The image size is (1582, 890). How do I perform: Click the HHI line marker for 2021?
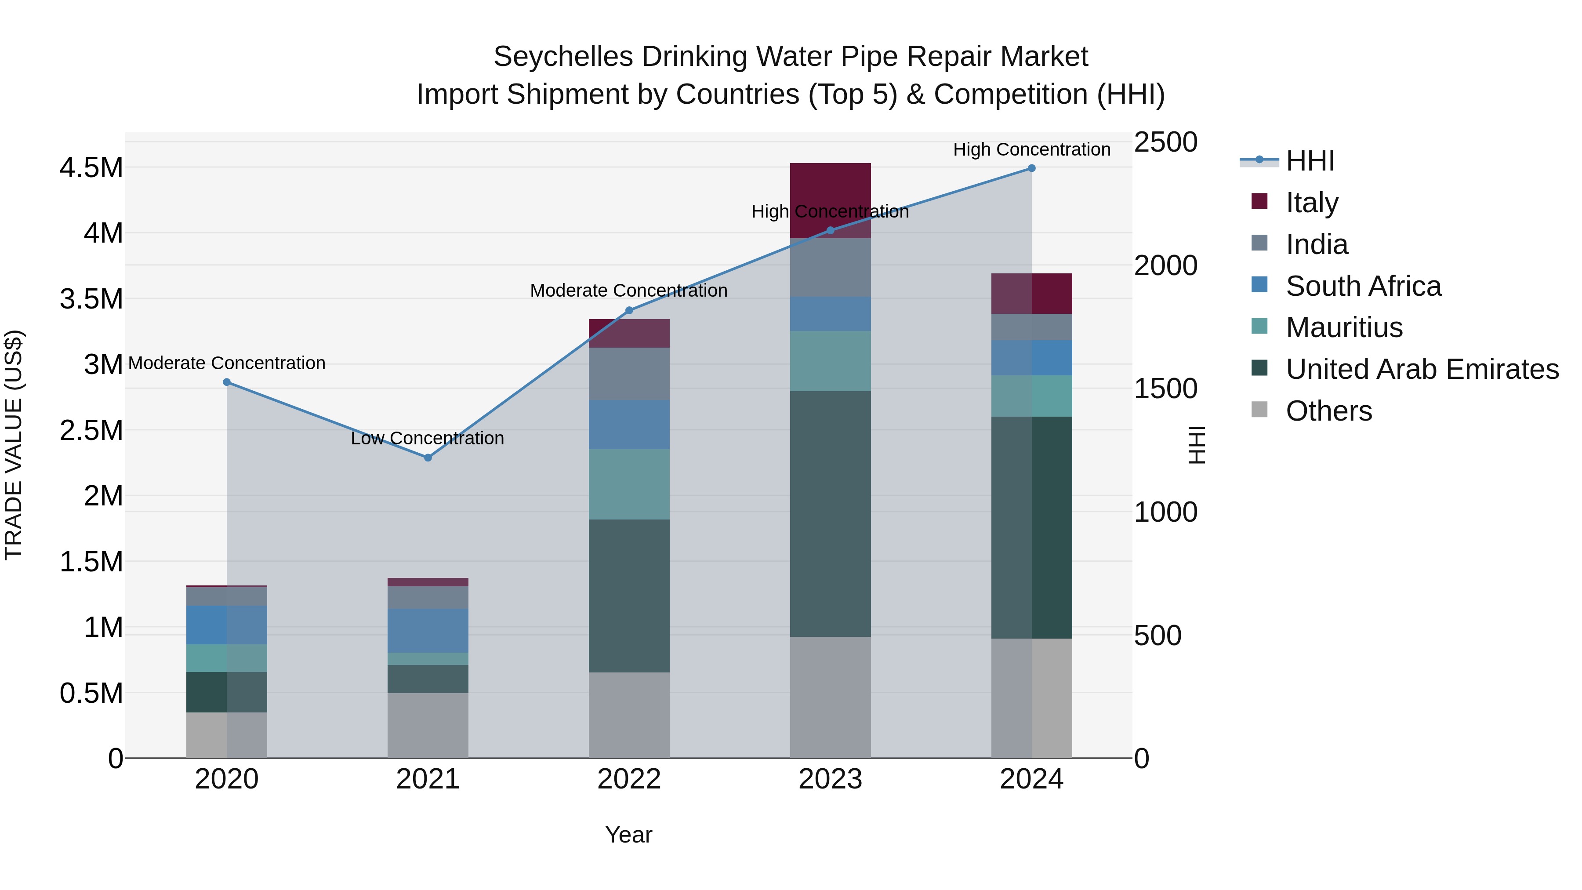tap(428, 458)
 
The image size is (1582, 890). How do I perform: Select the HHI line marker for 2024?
tap(1032, 168)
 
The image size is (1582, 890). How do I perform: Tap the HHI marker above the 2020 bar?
tap(227, 382)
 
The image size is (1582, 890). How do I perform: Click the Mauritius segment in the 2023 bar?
tap(830, 361)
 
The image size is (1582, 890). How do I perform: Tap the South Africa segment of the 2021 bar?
tap(428, 630)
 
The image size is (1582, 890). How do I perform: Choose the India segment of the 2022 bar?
tap(629, 374)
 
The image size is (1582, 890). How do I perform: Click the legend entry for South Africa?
tap(1363, 286)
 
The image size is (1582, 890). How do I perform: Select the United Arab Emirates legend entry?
tap(1422, 369)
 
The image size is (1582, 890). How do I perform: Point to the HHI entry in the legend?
tap(1310, 161)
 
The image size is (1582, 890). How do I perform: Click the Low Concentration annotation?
tap(428, 439)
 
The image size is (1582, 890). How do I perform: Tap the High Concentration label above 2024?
tap(1032, 150)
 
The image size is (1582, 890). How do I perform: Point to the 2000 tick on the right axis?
tap(1165, 265)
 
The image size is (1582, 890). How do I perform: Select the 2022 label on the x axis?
tap(629, 779)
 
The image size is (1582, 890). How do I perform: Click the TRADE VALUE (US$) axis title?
tap(14, 445)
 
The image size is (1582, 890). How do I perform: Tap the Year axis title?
tap(629, 835)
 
